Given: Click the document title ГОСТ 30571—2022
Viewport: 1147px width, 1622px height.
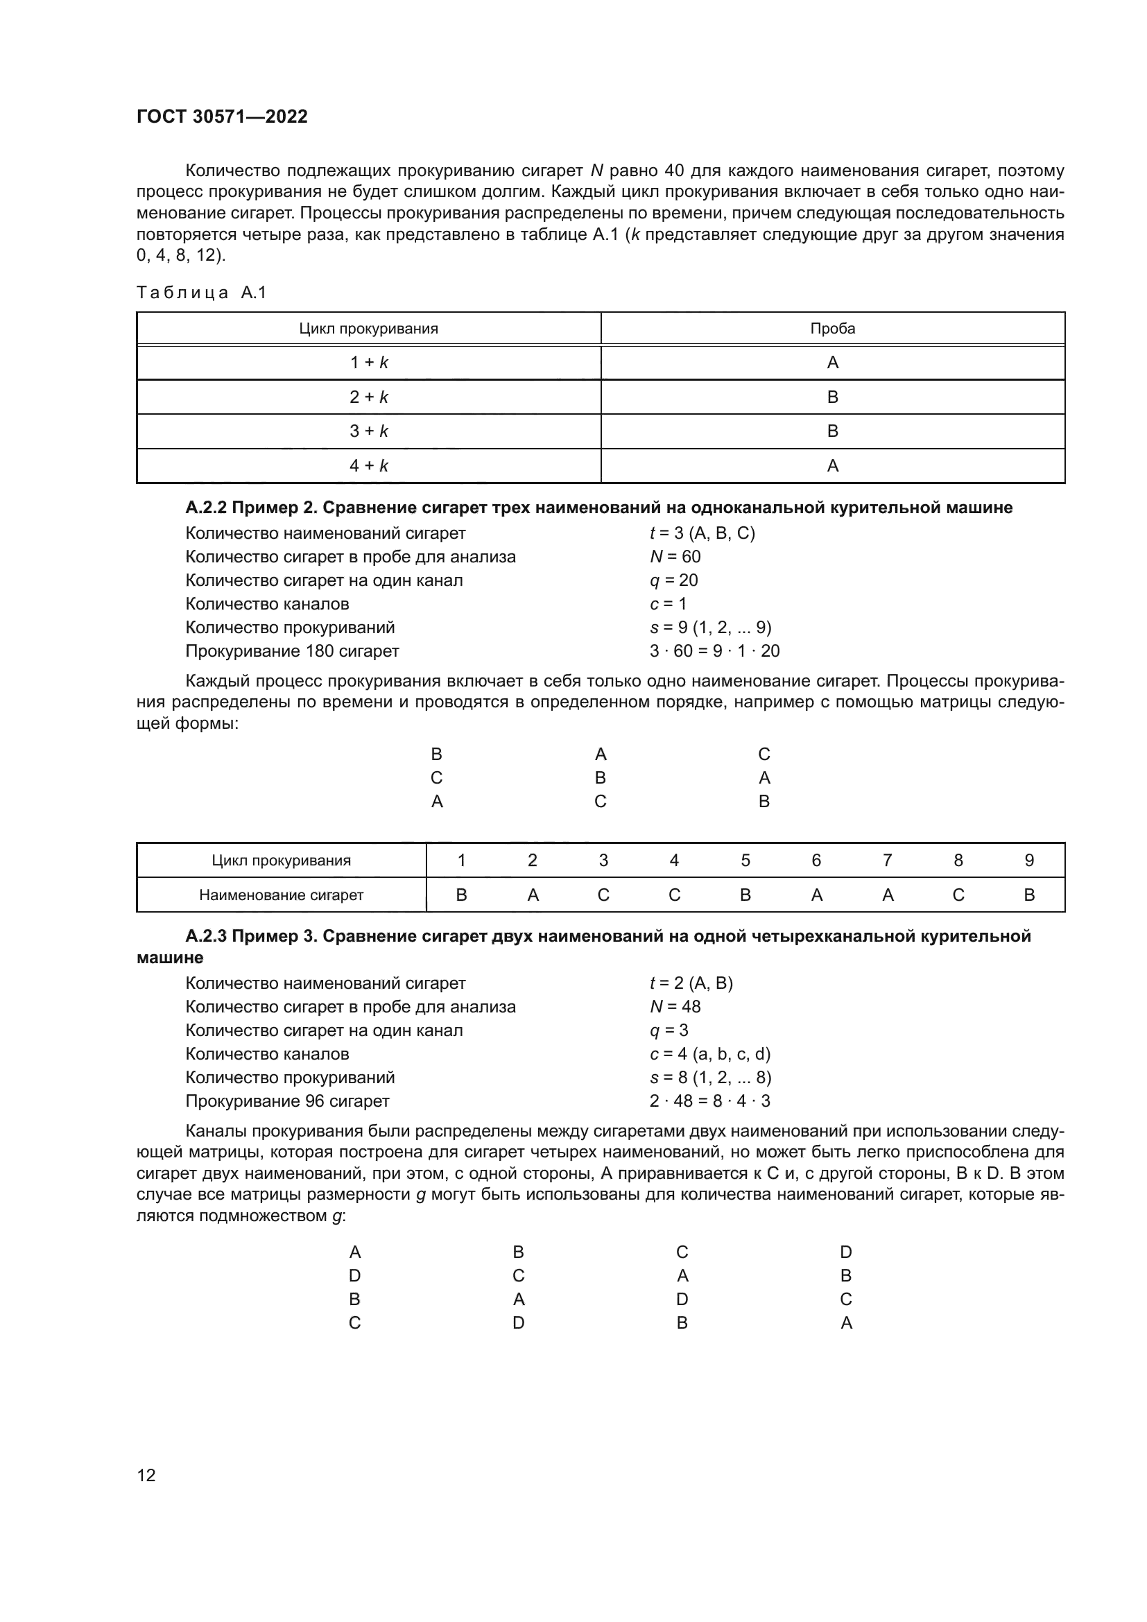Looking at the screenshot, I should point(222,117).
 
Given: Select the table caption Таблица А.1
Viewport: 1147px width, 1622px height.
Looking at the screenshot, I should point(201,293).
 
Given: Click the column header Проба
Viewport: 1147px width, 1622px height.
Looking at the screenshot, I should point(832,329).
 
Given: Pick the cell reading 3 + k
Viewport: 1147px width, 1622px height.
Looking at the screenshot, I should point(369,431).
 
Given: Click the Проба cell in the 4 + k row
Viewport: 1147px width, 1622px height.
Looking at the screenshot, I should point(832,465).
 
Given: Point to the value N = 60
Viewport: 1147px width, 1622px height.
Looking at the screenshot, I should point(675,557).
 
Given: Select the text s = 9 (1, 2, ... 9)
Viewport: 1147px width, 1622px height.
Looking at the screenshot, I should point(710,628).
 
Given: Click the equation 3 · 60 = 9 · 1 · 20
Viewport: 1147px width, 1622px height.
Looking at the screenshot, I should point(714,650).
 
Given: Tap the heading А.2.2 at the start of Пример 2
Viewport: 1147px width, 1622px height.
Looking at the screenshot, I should point(206,507).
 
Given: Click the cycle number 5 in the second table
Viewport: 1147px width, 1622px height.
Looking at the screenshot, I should point(745,860).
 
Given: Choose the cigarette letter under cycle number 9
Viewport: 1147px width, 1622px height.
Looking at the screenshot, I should point(1028,895).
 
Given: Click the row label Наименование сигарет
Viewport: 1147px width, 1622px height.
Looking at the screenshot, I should point(281,895).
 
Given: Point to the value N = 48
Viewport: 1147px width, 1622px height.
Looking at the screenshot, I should point(675,1007).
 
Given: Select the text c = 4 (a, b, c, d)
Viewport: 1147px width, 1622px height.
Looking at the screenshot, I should point(710,1054).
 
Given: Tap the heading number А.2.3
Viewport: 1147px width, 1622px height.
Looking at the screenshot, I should point(206,936).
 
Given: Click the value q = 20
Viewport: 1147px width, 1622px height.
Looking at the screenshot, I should point(673,580).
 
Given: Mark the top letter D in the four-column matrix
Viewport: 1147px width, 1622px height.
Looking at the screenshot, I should point(845,1252).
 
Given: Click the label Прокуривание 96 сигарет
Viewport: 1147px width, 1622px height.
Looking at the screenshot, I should point(288,1101).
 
